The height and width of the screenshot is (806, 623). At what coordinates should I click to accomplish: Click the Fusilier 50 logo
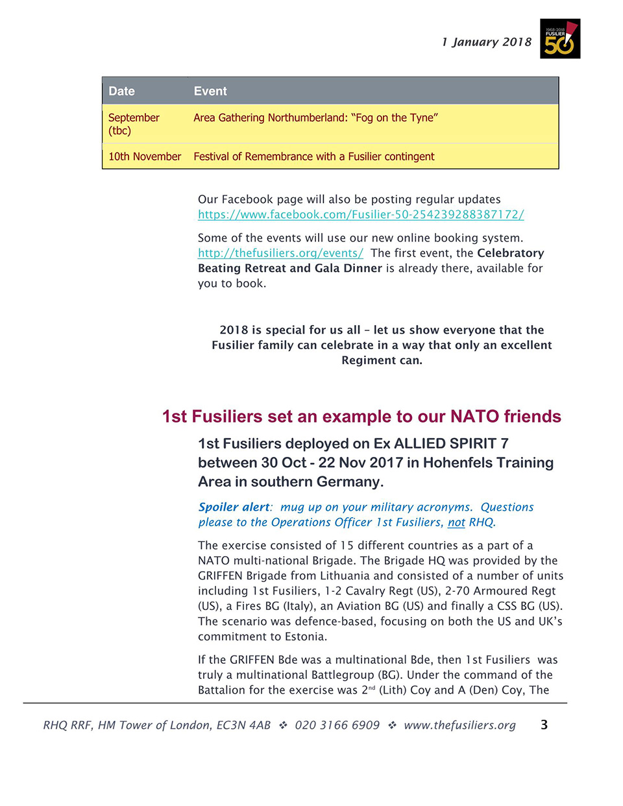pyautogui.click(x=559, y=39)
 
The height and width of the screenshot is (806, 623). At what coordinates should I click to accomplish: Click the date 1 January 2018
pyautogui.click(x=486, y=42)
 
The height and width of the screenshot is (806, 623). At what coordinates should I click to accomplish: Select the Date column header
pyautogui.click(x=121, y=92)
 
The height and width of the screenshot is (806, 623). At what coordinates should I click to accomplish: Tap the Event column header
pyautogui.click(x=210, y=92)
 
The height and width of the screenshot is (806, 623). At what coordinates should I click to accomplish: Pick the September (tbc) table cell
pyautogui.click(x=133, y=124)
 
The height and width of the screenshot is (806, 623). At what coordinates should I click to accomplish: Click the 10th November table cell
pyautogui.click(x=144, y=156)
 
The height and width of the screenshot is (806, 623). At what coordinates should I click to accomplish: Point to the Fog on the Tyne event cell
pyautogui.click(x=315, y=118)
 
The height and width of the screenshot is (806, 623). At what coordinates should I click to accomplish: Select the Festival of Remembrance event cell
pyautogui.click(x=313, y=156)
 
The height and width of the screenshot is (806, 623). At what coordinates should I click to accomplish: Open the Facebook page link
pyautogui.click(x=361, y=215)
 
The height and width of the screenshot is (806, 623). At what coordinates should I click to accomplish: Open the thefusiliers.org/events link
pyautogui.click(x=280, y=253)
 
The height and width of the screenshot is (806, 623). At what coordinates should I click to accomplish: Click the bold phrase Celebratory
pyautogui.click(x=510, y=253)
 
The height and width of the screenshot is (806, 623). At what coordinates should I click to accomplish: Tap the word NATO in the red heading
pyautogui.click(x=474, y=417)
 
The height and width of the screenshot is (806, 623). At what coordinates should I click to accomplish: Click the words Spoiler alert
pyautogui.click(x=234, y=507)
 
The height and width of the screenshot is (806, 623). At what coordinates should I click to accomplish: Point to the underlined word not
pyautogui.click(x=456, y=522)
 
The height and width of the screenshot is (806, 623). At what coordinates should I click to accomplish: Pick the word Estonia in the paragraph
pyautogui.click(x=304, y=637)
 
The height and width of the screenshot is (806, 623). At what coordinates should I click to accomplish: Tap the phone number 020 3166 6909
pyautogui.click(x=337, y=726)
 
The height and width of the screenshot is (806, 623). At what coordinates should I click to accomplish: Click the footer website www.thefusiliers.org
pyautogui.click(x=459, y=726)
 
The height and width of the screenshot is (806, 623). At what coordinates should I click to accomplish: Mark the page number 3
pyautogui.click(x=544, y=725)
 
